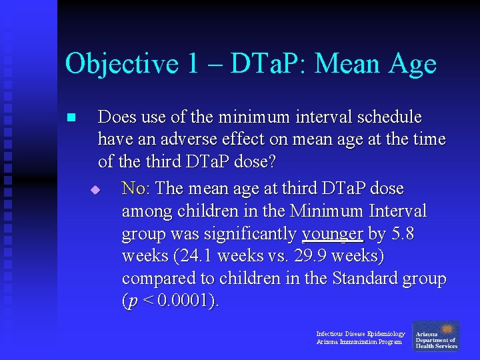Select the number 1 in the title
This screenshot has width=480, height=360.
coord(193,65)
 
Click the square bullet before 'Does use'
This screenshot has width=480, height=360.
coord(71,118)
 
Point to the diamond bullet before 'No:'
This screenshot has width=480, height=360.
coord(95,190)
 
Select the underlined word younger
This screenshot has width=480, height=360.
coord(332,234)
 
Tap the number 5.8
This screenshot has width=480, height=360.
coord(404,234)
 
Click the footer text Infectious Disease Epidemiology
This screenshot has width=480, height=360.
coord(360,333)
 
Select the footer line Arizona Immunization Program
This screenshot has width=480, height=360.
coord(359,342)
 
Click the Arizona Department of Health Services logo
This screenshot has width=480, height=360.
coord(436,336)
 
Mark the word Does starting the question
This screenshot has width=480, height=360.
coord(117,117)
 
